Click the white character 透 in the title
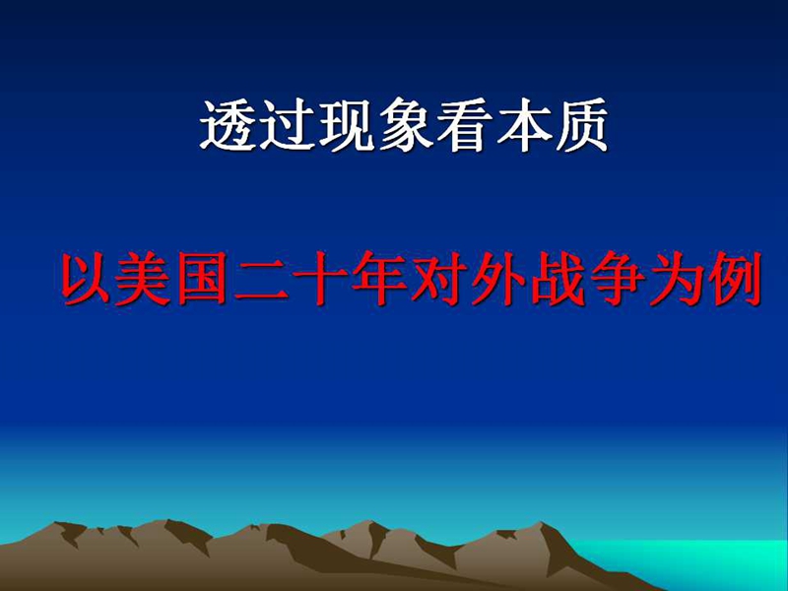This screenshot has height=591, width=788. [229, 125]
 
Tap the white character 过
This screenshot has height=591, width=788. [287, 125]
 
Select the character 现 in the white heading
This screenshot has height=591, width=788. [347, 125]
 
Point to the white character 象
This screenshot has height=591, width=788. [405, 125]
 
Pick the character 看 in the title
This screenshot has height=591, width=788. [463, 125]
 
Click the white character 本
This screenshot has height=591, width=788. [522, 125]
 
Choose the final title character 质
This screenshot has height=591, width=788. [580, 125]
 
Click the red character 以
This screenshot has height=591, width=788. [85, 280]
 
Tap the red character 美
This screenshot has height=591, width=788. [143, 280]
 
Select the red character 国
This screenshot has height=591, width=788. [202, 280]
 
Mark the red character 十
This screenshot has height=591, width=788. [319, 280]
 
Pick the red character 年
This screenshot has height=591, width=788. [379, 280]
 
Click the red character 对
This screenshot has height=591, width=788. [438, 280]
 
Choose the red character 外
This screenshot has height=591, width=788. [498, 280]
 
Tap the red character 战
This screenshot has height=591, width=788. [558, 280]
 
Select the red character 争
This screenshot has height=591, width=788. [617, 280]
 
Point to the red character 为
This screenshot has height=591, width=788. [676, 280]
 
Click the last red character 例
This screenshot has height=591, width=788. [735, 280]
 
